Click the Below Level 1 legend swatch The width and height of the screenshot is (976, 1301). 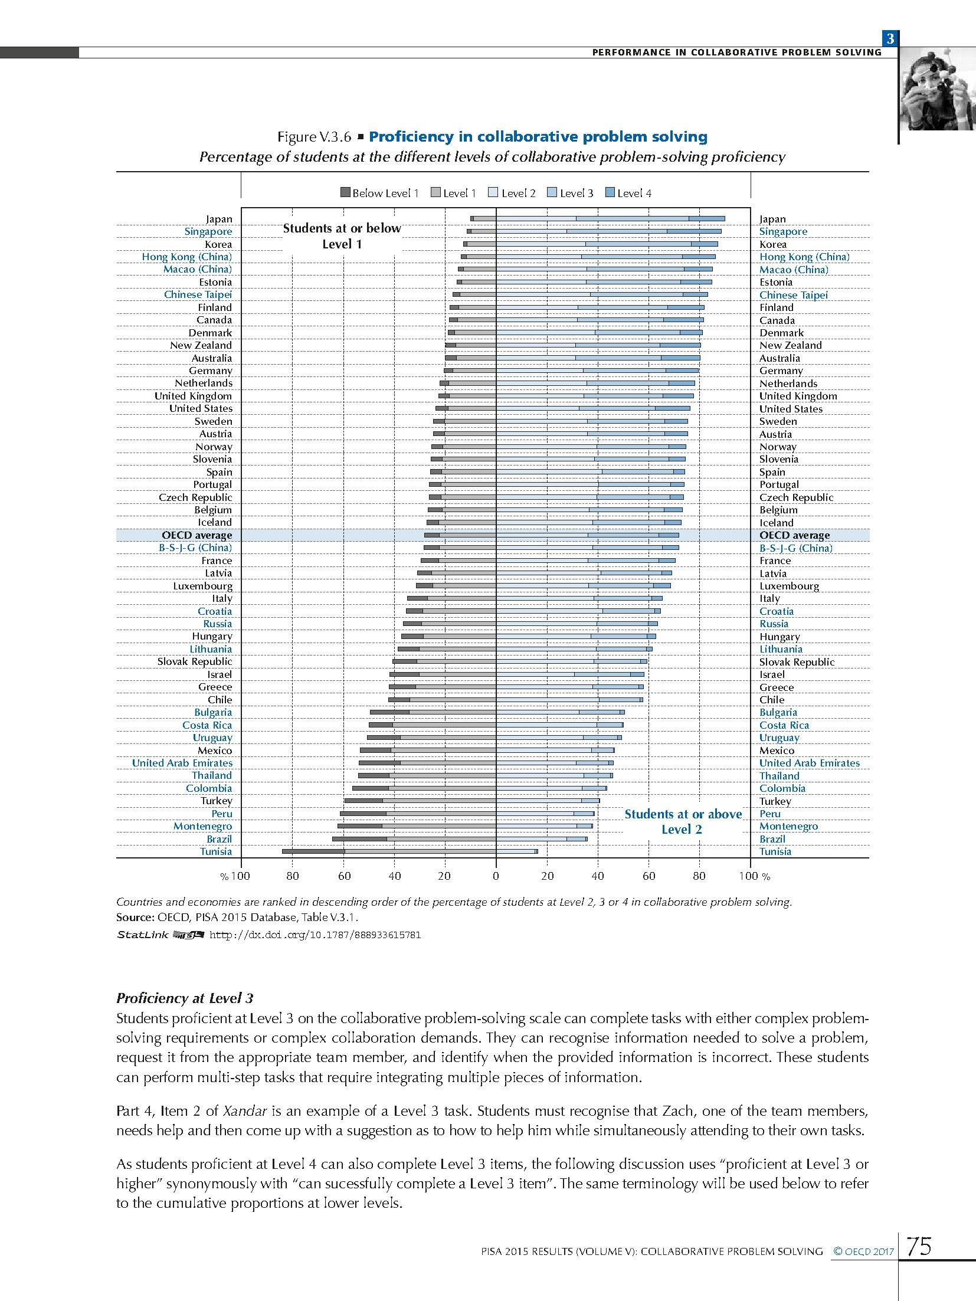tap(346, 192)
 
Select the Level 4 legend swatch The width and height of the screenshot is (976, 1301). tap(611, 192)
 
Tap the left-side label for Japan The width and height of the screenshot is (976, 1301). tap(219, 219)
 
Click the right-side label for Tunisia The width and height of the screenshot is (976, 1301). tap(775, 851)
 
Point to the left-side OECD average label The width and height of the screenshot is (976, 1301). tap(197, 535)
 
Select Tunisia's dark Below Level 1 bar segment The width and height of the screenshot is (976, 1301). tap(313, 851)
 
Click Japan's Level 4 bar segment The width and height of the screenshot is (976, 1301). tap(706, 219)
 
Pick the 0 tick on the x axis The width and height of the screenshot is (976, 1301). tap(496, 876)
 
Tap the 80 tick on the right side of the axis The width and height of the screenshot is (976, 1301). tap(699, 876)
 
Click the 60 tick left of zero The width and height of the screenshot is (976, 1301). tap(344, 876)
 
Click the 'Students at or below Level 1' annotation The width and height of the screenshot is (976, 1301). tap(342, 236)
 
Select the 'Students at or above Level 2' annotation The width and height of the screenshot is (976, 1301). tap(683, 821)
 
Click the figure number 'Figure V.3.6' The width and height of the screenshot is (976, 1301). tap(314, 137)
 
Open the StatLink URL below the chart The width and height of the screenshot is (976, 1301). tap(315, 935)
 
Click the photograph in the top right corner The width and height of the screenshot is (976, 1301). tap(937, 89)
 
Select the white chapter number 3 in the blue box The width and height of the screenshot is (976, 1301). tap(890, 39)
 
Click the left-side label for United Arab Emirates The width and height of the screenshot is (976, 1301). tap(182, 763)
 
